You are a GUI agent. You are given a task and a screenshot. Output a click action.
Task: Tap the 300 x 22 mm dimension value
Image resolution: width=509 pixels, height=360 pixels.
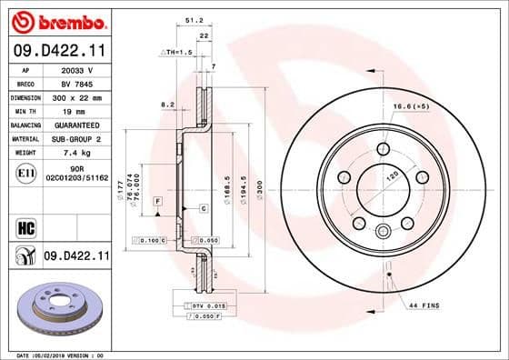[x=75, y=95]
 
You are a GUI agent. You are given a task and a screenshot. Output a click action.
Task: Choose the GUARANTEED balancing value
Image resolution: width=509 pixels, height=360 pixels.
[x=75, y=124]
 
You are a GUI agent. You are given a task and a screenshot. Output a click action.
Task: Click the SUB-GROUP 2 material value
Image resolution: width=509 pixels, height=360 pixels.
[x=75, y=138]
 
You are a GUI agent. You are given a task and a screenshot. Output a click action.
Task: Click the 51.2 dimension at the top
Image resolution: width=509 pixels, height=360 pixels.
[x=193, y=18]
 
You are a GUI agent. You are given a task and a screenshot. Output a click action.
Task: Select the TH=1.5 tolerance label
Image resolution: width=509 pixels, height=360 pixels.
[x=179, y=52]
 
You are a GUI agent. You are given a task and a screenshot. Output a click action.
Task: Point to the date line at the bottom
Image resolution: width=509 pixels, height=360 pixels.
[x=55, y=354]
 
